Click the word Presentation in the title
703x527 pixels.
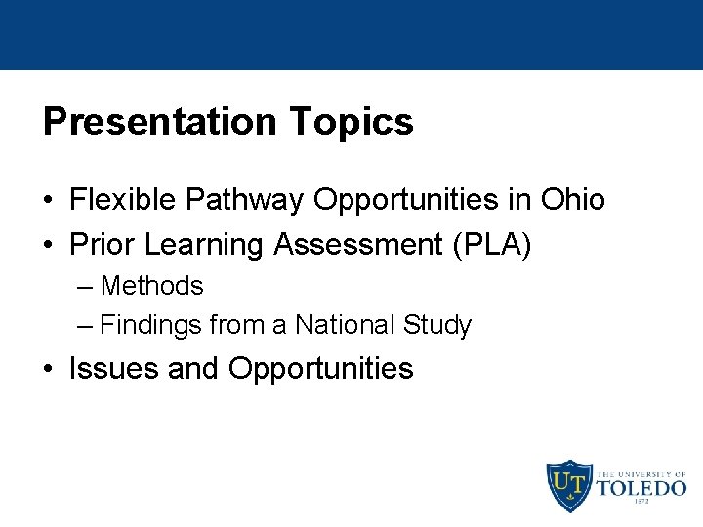point(160,122)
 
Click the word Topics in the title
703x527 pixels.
point(351,122)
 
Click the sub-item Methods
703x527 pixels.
point(151,286)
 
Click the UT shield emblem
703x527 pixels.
point(567,485)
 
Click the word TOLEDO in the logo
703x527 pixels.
point(641,487)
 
